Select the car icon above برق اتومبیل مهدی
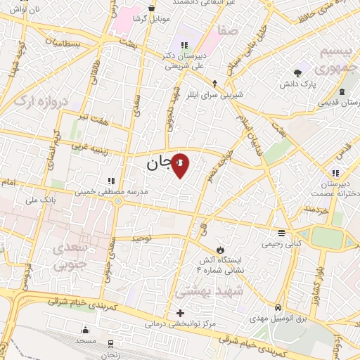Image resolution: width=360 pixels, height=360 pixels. click(x=278, y=308)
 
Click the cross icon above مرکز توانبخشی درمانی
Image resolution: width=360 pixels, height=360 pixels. click(x=181, y=313)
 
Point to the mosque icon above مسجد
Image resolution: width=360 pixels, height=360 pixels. click(x=86, y=330)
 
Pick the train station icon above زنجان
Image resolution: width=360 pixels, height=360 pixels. click(x=111, y=345)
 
